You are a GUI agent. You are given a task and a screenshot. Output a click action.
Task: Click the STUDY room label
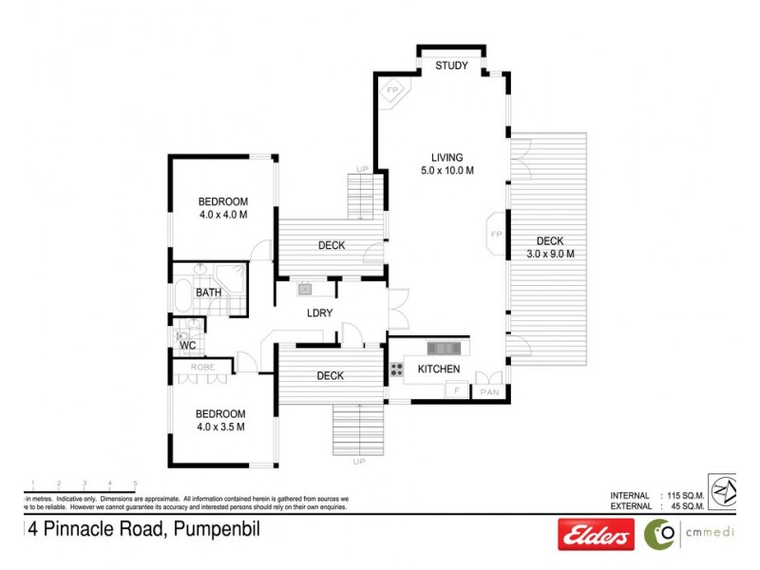[451, 66]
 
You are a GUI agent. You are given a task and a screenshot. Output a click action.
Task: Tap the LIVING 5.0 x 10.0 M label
[446, 164]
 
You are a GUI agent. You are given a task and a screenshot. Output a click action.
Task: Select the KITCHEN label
[438, 369]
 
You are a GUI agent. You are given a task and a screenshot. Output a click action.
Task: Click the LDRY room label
[318, 313]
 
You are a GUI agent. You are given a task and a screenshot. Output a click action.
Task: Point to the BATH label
[209, 293]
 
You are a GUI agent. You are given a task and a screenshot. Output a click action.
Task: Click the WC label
[187, 346]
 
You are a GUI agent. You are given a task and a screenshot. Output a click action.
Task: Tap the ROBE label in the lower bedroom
[200, 367]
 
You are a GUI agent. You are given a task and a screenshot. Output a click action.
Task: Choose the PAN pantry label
[490, 391]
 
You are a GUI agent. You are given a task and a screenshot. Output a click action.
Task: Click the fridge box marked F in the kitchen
[457, 390]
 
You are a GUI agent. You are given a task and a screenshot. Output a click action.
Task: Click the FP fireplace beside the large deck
[495, 234]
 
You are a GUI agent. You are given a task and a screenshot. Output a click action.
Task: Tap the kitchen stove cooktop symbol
[395, 369]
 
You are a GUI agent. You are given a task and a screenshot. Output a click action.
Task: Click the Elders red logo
[596, 536]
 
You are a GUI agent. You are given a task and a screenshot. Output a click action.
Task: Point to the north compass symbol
[724, 491]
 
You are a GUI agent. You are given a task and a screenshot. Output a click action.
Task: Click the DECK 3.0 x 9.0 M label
[550, 247]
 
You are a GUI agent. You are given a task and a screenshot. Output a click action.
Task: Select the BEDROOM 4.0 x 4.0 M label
[222, 208]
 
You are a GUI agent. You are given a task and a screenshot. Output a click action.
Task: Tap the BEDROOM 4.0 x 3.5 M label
[220, 420]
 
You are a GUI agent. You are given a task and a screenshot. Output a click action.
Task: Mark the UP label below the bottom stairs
[358, 462]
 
